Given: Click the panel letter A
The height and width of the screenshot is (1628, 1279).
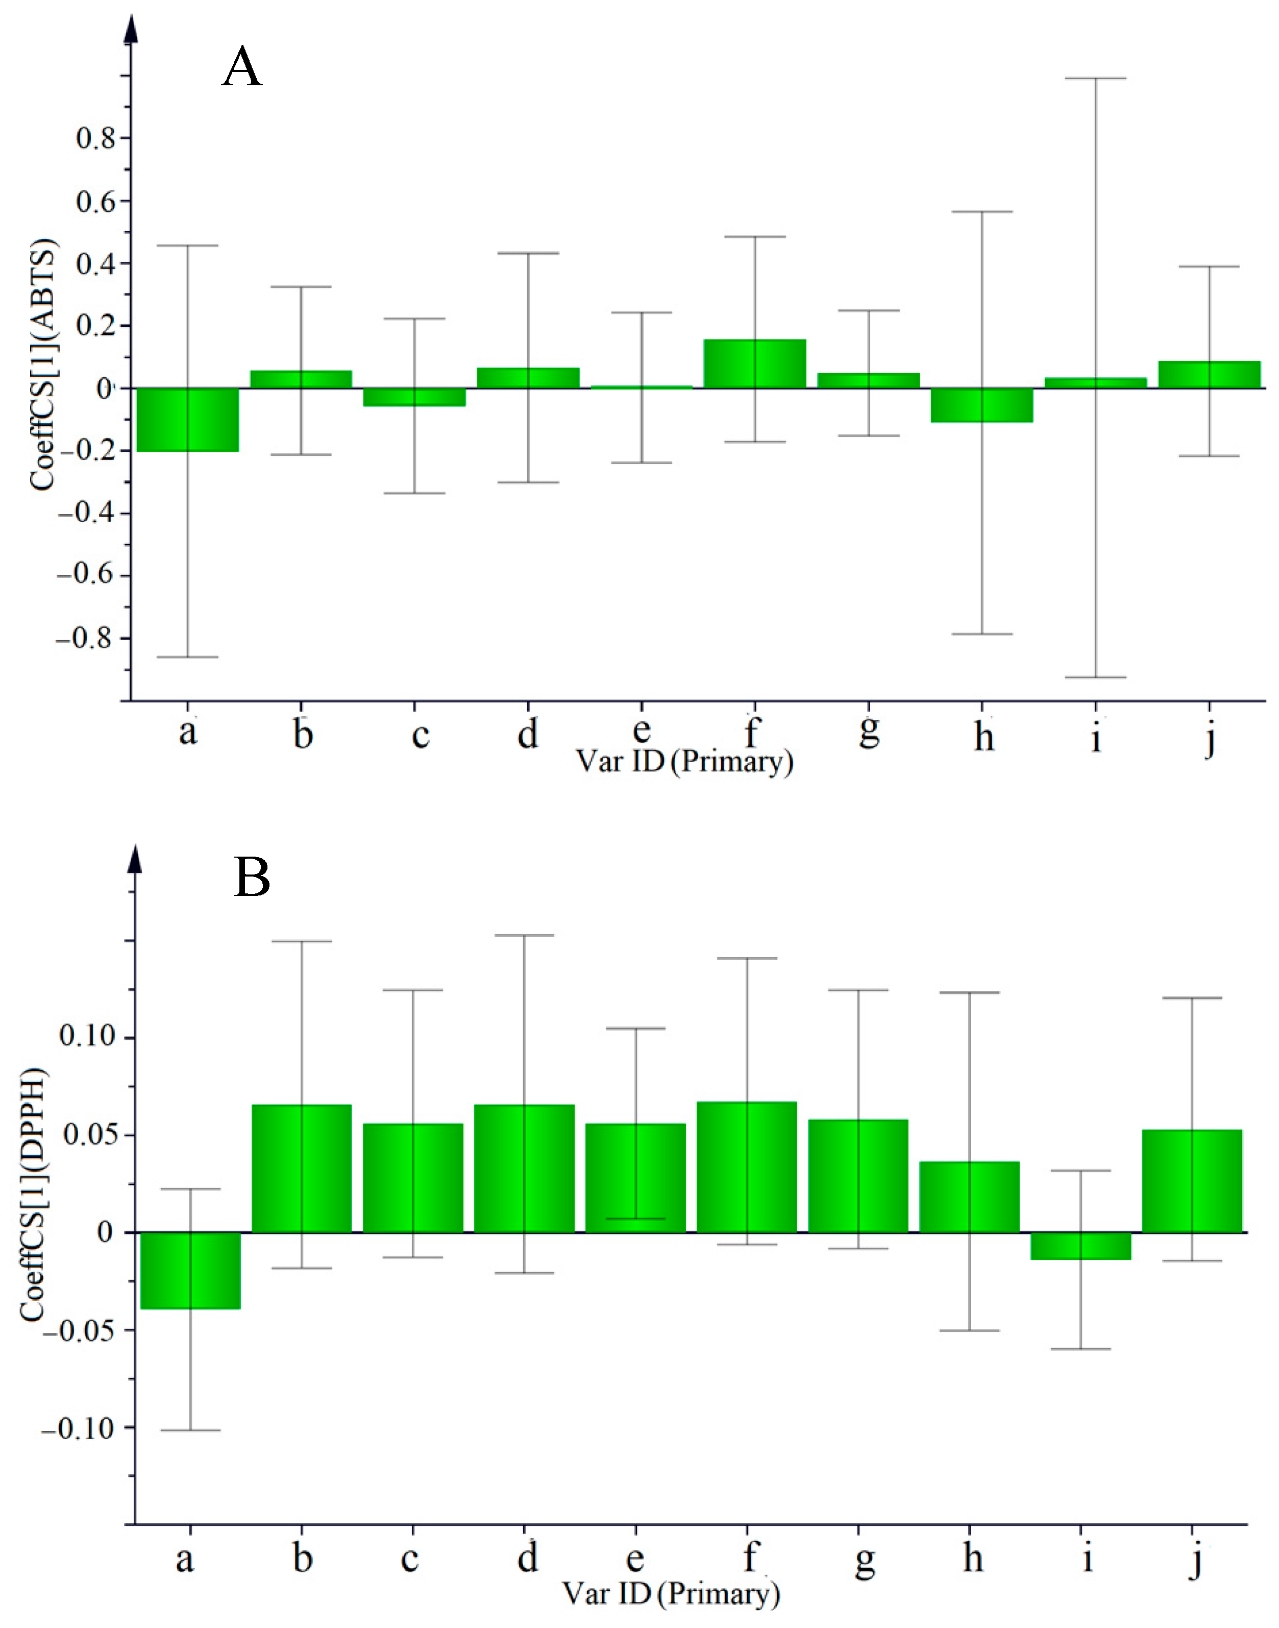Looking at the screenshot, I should [242, 67].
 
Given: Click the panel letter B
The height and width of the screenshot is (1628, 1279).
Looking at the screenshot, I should [252, 877].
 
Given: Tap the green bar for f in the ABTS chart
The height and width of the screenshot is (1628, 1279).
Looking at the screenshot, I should [755, 364].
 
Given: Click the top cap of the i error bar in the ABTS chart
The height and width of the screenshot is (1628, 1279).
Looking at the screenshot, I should [1096, 79].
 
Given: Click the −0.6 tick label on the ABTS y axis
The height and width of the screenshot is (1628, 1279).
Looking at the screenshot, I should [87, 575].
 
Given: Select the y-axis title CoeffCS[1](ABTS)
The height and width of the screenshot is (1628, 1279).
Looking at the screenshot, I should [43, 365].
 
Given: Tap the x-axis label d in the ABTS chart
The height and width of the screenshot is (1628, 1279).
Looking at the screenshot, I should [528, 735].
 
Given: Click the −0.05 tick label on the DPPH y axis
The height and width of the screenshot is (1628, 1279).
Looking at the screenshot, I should [79, 1331].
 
